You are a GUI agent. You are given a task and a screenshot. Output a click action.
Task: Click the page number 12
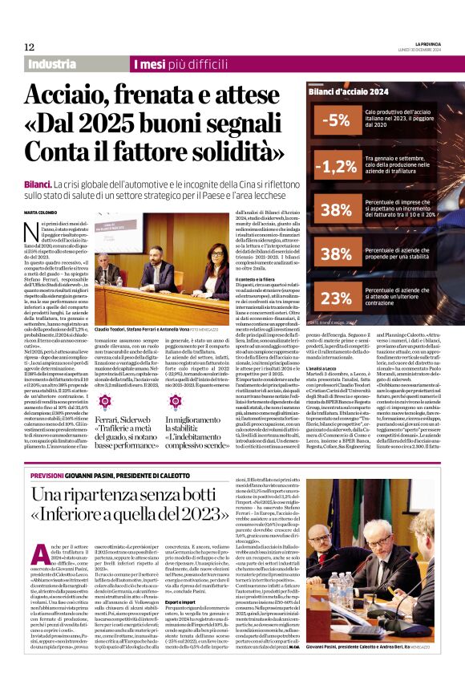click(29, 47)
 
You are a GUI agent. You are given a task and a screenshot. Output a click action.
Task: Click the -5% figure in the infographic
click(334, 121)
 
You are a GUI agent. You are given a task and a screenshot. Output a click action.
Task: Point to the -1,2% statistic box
click(334, 166)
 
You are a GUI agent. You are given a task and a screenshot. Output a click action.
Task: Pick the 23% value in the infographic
click(334, 298)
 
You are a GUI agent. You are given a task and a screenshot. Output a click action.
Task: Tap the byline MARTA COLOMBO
click(42, 213)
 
